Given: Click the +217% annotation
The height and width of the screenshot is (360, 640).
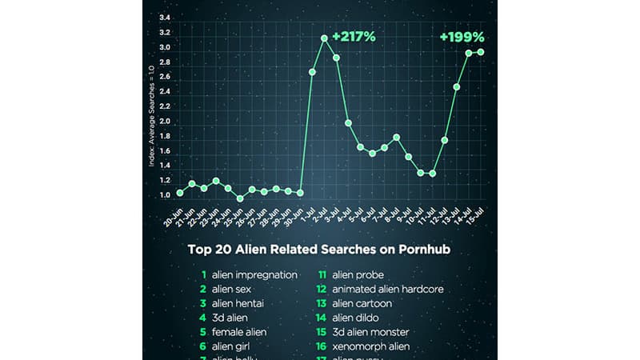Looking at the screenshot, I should click(x=354, y=36).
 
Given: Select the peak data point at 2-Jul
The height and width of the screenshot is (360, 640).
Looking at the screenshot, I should click(x=324, y=38).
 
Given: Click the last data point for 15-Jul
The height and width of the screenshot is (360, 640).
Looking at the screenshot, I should click(x=481, y=52).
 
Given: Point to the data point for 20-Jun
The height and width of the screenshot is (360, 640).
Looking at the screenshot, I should click(x=180, y=193).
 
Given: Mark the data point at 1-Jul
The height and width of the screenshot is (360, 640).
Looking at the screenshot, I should click(x=312, y=72).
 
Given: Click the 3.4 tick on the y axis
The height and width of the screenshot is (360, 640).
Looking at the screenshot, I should click(x=164, y=18).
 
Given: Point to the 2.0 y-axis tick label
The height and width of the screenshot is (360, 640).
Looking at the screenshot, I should click(x=164, y=122).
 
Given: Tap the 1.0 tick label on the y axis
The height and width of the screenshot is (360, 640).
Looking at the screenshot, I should click(x=164, y=195).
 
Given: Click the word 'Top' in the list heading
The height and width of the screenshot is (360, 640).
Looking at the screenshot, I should click(x=200, y=249).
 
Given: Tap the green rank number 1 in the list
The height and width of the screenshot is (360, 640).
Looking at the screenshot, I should click(x=205, y=274).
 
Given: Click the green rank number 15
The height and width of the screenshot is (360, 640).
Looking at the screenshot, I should click(x=324, y=332).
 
